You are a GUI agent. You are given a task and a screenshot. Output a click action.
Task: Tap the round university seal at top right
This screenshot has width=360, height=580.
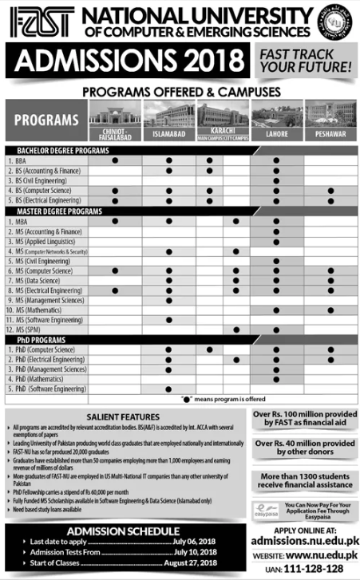334,21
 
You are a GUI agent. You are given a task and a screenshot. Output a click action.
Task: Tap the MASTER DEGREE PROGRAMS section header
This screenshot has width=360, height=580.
55,211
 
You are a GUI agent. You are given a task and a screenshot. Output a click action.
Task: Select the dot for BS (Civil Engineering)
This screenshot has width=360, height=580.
276,181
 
